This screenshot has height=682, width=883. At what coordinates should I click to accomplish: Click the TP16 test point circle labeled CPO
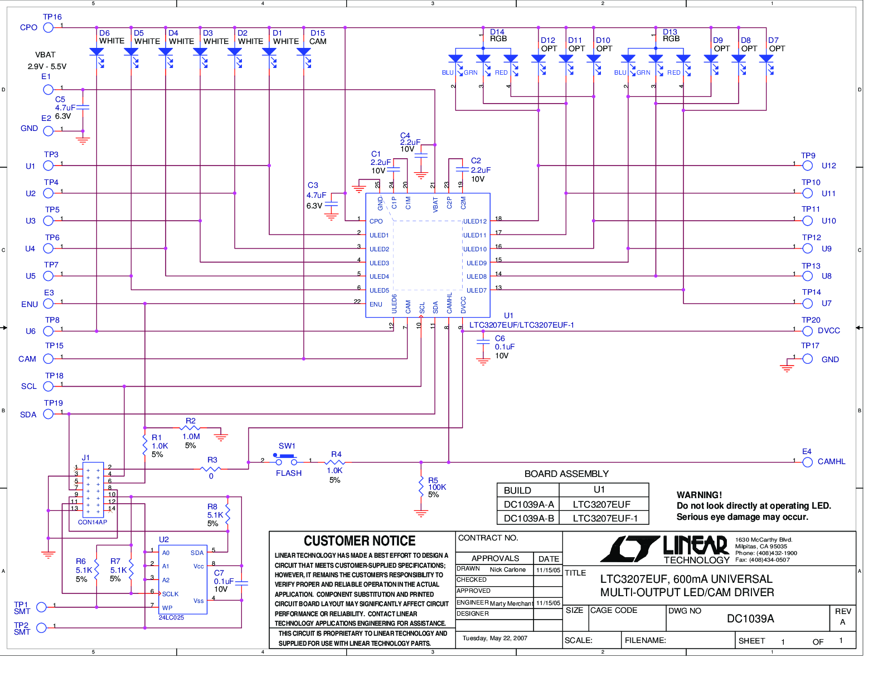tap(48, 28)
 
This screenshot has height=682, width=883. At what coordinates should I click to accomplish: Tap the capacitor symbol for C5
tap(83, 107)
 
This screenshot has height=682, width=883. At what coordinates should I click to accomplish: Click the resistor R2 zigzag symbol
tap(190, 428)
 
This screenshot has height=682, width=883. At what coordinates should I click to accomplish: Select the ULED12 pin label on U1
tap(474, 221)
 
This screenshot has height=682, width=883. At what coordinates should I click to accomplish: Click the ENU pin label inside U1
tap(376, 304)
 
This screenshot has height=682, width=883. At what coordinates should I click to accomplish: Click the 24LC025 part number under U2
tap(171, 617)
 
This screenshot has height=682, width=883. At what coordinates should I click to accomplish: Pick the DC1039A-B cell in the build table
tap(528, 518)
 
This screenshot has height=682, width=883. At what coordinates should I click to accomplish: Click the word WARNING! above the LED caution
tap(699, 495)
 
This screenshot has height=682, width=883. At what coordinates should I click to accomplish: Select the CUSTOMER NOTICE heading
tap(360, 540)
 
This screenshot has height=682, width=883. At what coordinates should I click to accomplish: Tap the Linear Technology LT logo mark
tap(629, 548)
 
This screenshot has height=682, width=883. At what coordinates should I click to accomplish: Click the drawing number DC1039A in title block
tap(750, 618)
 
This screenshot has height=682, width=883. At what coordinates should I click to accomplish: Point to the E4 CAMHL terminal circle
tap(807, 462)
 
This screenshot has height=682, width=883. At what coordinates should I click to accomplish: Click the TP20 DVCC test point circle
tap(807, 331)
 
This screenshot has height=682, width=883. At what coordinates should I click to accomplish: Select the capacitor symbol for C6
tap(483, 342)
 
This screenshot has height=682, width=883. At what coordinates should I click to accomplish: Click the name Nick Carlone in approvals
tap(507, 569)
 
